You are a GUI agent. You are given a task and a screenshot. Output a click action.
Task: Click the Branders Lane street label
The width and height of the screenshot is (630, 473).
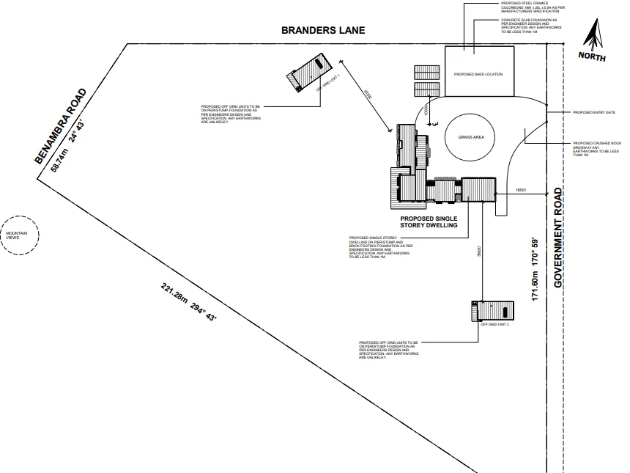(323, 31)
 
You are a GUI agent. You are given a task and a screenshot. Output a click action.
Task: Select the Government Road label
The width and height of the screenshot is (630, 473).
(558, 238)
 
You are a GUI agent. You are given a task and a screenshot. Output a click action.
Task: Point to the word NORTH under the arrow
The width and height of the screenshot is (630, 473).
(592, 56)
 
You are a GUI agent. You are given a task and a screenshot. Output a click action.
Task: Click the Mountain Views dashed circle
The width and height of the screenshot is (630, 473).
(17, 235)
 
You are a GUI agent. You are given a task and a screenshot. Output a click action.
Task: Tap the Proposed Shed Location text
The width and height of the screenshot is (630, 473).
(478, 74)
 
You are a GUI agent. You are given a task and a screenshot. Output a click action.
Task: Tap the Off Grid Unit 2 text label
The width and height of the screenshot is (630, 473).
(494, 324)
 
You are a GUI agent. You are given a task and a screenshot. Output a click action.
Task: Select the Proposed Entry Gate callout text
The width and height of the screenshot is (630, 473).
(593, 113)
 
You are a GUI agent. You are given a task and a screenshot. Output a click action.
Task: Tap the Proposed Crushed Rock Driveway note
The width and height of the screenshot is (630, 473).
(596, 149)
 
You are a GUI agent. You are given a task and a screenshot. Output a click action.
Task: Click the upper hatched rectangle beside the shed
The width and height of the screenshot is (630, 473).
(426, 73)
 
